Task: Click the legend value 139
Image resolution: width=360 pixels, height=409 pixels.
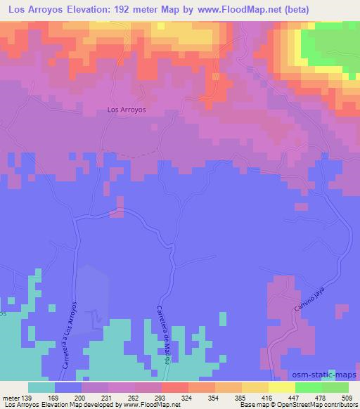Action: click(x=27, y=397)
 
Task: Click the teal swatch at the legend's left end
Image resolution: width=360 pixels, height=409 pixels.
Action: click(x=41, y=387)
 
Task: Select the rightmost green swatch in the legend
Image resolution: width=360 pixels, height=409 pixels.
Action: click(x=335, y=387)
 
